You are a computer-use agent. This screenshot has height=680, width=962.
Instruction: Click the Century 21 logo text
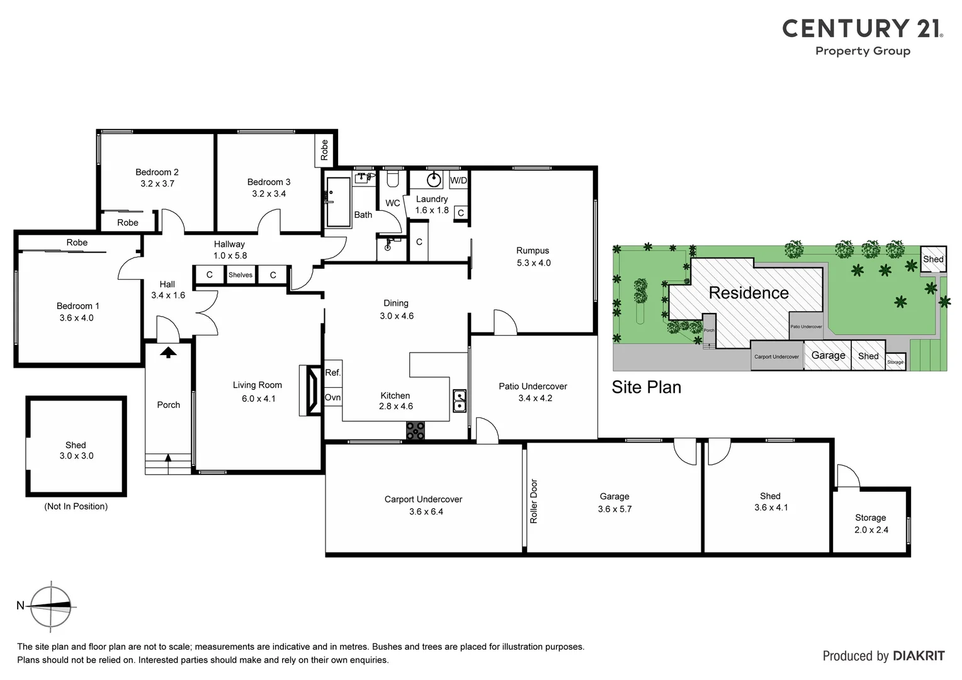(x=862, y=29)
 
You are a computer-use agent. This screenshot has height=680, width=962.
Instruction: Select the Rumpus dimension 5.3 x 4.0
(x=533, y=263)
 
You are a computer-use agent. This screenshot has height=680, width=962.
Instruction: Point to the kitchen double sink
(x=460, y=400)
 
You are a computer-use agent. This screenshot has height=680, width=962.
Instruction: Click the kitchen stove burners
(x=415, y=431)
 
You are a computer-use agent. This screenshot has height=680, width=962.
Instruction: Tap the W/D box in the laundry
(x=459, y=181)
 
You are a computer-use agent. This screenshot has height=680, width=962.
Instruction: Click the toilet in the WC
(x=393, y=180)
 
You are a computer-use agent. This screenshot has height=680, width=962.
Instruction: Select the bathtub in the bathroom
(x=338, y=201)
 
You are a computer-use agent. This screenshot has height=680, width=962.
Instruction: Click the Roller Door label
(x=534, y=501)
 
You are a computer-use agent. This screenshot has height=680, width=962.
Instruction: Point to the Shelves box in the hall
(x=241, y=275)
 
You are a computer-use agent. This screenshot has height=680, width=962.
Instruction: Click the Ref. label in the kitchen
(x=332, y=373)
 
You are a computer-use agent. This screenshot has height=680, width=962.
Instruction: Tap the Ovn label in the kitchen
(x=332, y=397)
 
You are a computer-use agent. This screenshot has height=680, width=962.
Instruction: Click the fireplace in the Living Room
(x=310, y=390)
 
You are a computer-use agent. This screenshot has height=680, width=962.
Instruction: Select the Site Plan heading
(x=646, y=387)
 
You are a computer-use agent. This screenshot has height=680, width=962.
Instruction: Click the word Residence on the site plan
(x=748, y=293)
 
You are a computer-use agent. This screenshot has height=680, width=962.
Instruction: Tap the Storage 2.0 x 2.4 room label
(x=871, y=523)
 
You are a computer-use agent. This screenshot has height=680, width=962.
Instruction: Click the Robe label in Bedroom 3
(x=324, y=150)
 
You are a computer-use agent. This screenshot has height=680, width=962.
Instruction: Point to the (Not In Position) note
(x=76, y=506)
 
